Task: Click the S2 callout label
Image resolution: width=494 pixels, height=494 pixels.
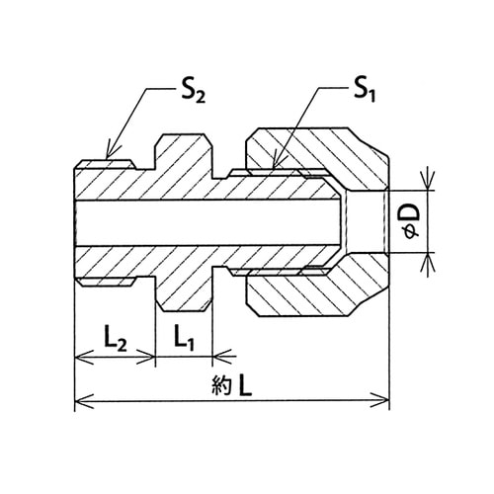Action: [x=194, y=92]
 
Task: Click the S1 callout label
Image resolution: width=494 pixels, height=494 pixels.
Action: [x=365, y=91]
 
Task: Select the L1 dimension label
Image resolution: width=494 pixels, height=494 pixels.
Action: [x=184, y=338]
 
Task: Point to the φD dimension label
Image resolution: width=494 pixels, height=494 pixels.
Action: [x=411, y=221]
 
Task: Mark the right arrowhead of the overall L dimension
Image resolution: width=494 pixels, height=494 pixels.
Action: [x=381, y=401]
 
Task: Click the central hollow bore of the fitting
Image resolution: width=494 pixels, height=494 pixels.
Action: [x=207, y=222]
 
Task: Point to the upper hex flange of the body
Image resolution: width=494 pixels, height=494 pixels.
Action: [x=184, y=156]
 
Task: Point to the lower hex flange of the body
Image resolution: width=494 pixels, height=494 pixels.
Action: [x=184, y=288]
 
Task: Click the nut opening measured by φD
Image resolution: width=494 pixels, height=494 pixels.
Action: [x=366, y=221]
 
